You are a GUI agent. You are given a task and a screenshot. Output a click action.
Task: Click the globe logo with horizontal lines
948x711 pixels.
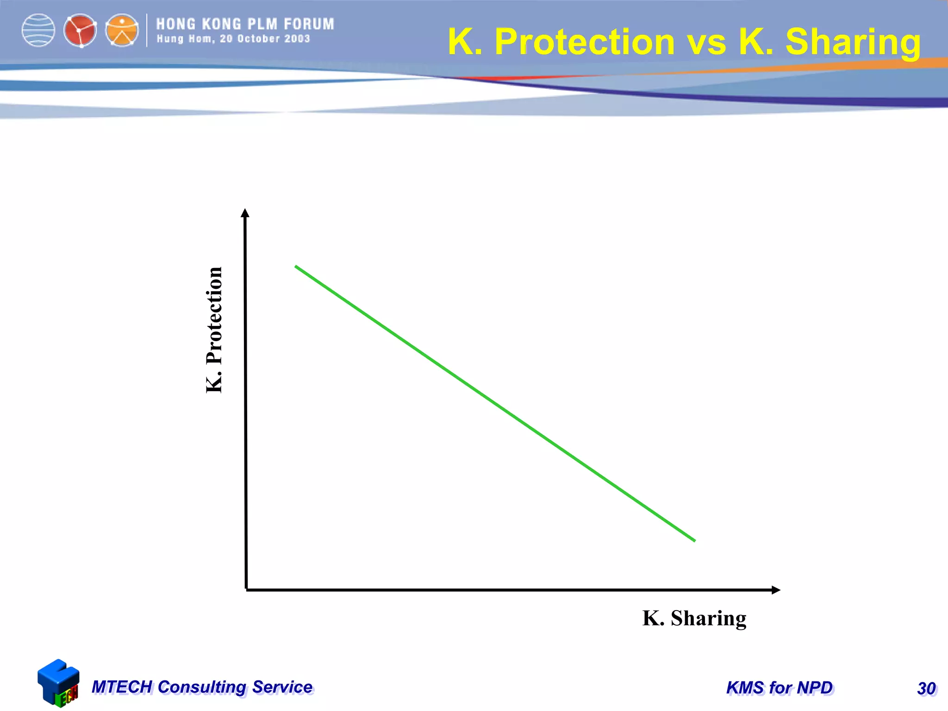point(38,31)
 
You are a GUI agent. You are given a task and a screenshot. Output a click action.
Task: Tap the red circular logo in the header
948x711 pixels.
point(80,31)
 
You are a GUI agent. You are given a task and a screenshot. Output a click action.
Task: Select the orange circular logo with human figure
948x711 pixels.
point(122,31)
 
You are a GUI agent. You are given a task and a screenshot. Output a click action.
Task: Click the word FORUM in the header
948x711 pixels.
point(309,24)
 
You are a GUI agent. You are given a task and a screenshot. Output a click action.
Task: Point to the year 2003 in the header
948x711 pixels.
point(297,39)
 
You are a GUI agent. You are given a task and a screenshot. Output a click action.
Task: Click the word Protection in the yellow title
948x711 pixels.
point(585,42)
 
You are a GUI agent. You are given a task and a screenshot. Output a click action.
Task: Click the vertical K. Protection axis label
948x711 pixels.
point(214,330)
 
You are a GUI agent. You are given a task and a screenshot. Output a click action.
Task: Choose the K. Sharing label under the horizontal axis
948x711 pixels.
point(694,618)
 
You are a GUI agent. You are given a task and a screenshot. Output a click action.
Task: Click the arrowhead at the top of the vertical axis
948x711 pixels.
point(245,213)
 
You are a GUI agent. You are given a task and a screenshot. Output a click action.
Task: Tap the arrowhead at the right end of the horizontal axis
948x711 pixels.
point(776,590)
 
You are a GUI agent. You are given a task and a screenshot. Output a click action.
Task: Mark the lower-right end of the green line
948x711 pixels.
point(694,540)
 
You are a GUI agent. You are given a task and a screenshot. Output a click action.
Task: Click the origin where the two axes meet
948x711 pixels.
point(246,589)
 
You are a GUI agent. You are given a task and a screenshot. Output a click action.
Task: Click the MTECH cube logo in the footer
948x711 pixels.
point(58,683)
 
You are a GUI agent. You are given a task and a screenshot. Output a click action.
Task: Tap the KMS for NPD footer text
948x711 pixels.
point(780,688)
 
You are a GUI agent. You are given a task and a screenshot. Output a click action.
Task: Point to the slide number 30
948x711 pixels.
point(926,688)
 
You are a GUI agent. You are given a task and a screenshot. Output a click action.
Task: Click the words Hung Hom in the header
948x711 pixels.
point(185,39)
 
